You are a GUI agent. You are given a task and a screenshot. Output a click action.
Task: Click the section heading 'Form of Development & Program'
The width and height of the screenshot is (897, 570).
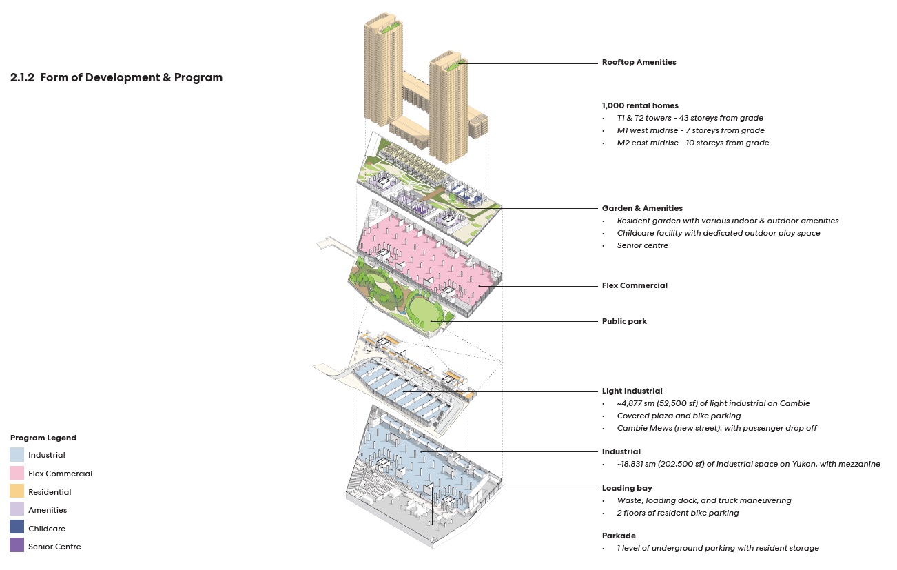point(131,78)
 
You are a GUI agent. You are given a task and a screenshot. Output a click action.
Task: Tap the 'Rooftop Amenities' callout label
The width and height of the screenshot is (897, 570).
point(639,62)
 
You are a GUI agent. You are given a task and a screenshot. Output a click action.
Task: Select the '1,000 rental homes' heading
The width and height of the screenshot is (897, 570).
point(640,105)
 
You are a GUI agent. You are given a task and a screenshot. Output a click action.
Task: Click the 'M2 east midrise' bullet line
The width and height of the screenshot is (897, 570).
point(692,143)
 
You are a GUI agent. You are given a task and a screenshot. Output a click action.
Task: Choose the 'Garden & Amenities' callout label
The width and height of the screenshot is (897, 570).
point(642,208)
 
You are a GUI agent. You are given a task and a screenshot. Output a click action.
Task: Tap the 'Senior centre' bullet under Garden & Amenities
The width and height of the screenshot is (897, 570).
point(642,245)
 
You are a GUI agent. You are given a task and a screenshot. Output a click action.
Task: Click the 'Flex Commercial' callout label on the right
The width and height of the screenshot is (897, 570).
point(635,285)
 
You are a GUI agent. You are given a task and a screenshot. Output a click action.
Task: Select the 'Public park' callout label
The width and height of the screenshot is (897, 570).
point(624,321)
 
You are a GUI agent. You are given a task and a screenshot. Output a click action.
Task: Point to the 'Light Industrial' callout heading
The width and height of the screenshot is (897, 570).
point(632,391)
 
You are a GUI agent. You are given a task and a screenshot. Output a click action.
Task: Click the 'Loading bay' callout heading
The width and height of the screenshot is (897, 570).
point(627,488)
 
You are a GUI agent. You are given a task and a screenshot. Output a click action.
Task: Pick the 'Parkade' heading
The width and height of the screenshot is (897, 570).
point(619,536)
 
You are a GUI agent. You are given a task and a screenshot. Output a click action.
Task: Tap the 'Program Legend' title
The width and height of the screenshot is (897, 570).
point(43,438)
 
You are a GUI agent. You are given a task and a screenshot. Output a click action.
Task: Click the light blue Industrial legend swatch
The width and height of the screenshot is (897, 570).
point(17,455)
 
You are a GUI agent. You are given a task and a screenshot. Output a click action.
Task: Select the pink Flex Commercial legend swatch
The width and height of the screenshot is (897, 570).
point(17,474)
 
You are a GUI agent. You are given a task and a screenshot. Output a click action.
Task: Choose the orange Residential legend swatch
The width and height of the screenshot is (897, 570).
point(17,492)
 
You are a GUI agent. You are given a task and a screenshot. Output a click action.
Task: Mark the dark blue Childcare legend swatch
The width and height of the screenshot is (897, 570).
point(17,529)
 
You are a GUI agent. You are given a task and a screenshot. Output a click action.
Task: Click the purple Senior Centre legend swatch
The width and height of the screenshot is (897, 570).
point(17,547)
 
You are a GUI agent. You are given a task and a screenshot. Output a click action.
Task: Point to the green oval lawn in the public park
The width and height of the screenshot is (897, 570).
point(425,311)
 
